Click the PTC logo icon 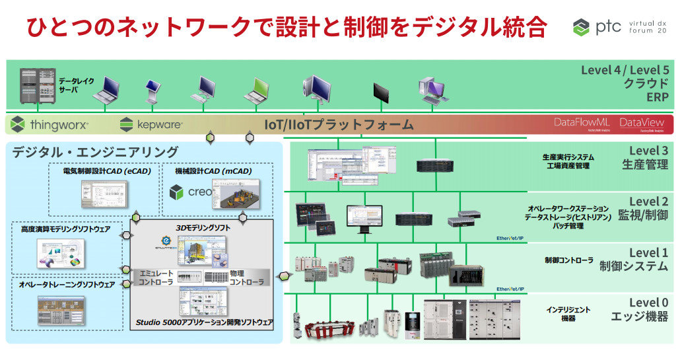point(581,27)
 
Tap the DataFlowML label point(581,123)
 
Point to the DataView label point(642,123)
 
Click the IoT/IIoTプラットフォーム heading point(339,124)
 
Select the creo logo point(191,192)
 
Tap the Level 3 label point(648,151)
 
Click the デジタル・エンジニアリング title point(95,152)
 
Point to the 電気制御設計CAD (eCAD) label point(107,171)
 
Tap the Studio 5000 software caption point(204,322)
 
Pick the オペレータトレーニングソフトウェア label point(67,285)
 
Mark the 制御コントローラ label point(568,260)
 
